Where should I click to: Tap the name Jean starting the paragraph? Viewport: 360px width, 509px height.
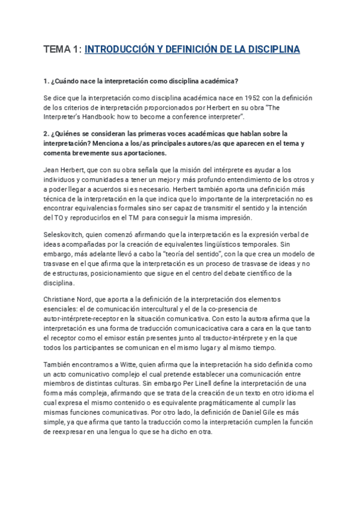point(53,170)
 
